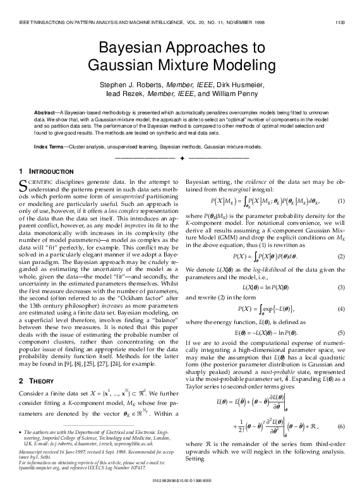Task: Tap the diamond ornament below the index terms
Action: (x=180, y=155)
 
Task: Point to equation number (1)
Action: (x=341, y=201)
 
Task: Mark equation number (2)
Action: (x=341, y=256)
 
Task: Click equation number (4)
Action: (x=341, y=309)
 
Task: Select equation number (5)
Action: (x=341, y=332)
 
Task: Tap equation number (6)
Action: (x=341, y=427)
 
